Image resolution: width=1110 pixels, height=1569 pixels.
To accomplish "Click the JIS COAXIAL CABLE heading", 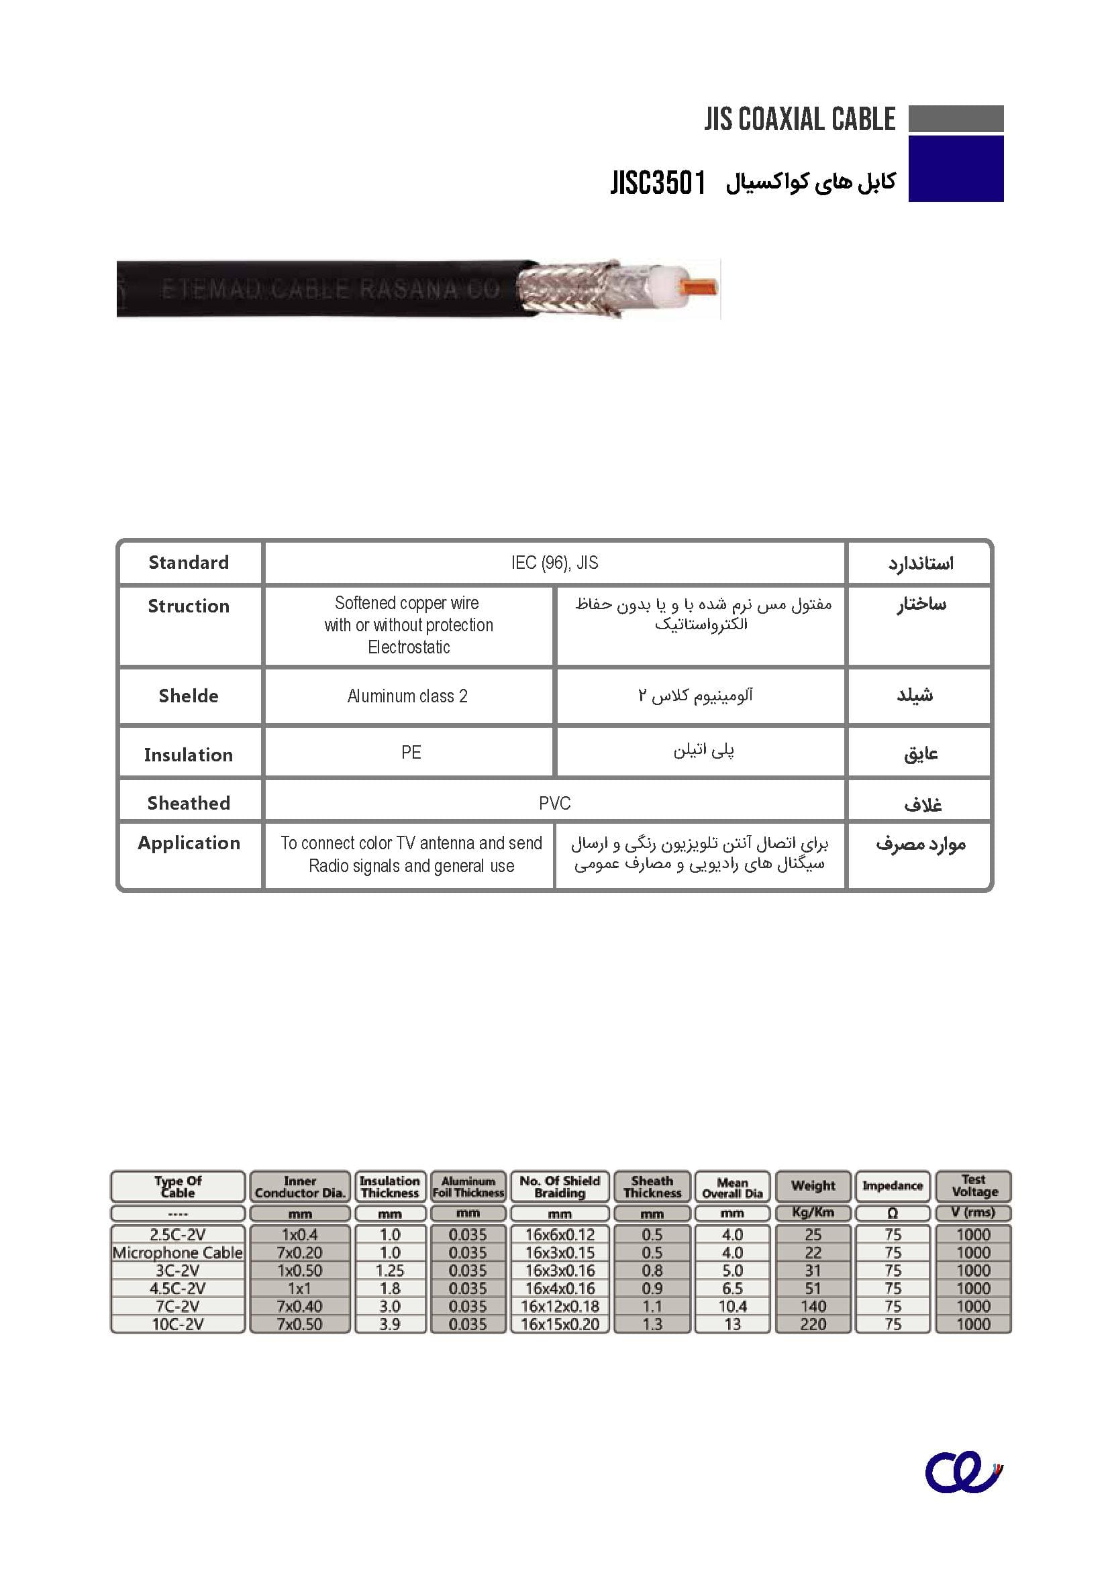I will pyautogui.click(x=799, y=119).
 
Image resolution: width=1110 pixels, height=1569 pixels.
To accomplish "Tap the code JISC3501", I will pyautogui.click(x=658, y=183).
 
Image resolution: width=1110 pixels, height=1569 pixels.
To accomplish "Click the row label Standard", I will pyautogui.click(x=189, y=562).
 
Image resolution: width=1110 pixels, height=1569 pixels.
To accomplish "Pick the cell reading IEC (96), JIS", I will pyautogui.click(x=554, y=562).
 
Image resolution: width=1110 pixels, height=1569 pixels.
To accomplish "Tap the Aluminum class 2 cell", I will pyautogui.click(x=407, y=696).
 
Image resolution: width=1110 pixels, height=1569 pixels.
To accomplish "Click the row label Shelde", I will pyautogui.click(x=189, y=696).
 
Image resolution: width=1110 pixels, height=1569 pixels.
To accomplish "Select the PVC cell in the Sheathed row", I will pyautogui.click(x=554, y=803).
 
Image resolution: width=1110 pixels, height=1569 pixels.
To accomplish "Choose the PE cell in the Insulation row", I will pyautogui.click(x=411, y=753).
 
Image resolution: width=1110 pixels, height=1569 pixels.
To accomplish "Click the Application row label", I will pyautogui.click(x=189, y=843).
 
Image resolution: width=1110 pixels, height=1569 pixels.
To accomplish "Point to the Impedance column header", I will pyautogui.click(x=893, y=1185).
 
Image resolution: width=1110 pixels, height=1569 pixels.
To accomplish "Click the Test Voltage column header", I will pyautogui.click(x=974, y=1185).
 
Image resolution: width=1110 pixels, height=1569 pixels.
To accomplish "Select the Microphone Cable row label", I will pyautogui.click(x=178, y=1252).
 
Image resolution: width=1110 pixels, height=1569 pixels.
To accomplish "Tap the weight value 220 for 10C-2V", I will pyautogui.click(x=813, y=1323).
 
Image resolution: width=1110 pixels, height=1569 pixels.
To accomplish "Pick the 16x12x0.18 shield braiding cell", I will pyautogui.click(x=560, y=1306).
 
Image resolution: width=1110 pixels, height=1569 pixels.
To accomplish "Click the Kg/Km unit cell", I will pyautogui.click(x=813, y=1212).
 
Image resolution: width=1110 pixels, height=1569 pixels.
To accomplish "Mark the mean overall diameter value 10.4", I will pyautogui.click(x=732, y=1306).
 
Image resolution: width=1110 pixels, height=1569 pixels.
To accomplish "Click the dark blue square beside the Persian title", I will pyautogui.click(x=956, y=168).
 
